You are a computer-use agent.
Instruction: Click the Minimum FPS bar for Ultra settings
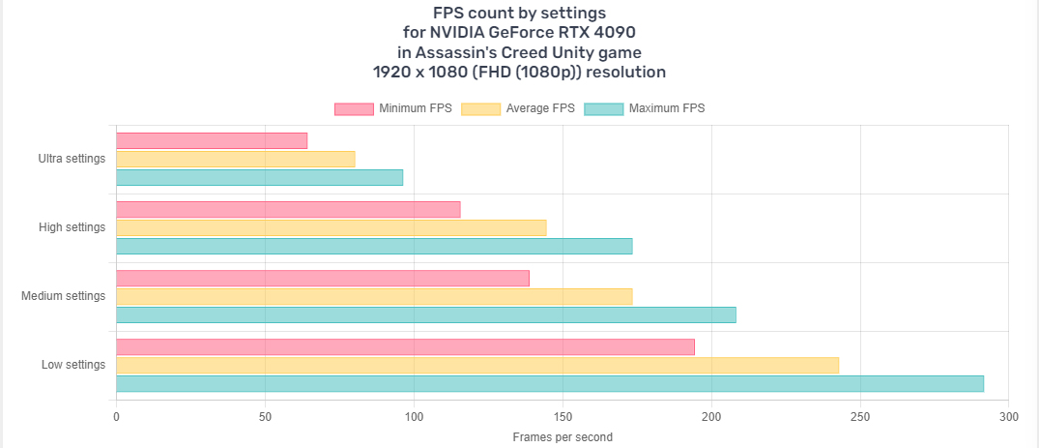(x=212, y=141)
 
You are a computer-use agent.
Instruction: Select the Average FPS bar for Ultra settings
(x=236, y=160)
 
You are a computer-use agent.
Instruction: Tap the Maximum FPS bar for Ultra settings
(x=259, y=178)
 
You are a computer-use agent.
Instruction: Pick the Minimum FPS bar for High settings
(x=288, y=209)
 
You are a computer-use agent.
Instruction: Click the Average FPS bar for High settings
(x=331, y=227)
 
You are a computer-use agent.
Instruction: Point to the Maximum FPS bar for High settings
(x=374, y=246)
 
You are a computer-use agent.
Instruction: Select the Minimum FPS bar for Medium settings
(x=323, y=278)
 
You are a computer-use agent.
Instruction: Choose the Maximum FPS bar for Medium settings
(x=425, y=314)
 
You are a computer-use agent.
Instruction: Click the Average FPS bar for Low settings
(x=477, y=365)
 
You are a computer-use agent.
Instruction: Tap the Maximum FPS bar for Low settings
(x=549, y=384)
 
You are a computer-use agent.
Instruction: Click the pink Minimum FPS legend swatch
(x=354, y=108)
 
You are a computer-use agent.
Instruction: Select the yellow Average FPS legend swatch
(x=481, y=108)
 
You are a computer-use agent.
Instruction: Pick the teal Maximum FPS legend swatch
(x=604, y=108)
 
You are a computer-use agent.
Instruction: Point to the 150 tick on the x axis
(x=563, y=417)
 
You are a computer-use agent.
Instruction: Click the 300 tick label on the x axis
(x=1008, y=417)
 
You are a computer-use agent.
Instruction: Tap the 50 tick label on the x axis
(x=265, y=417)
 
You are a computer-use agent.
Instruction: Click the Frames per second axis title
(x=562, y=437)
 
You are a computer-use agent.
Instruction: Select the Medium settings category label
(x=63, y=296)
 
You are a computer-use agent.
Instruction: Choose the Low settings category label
(x=72, y=365)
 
